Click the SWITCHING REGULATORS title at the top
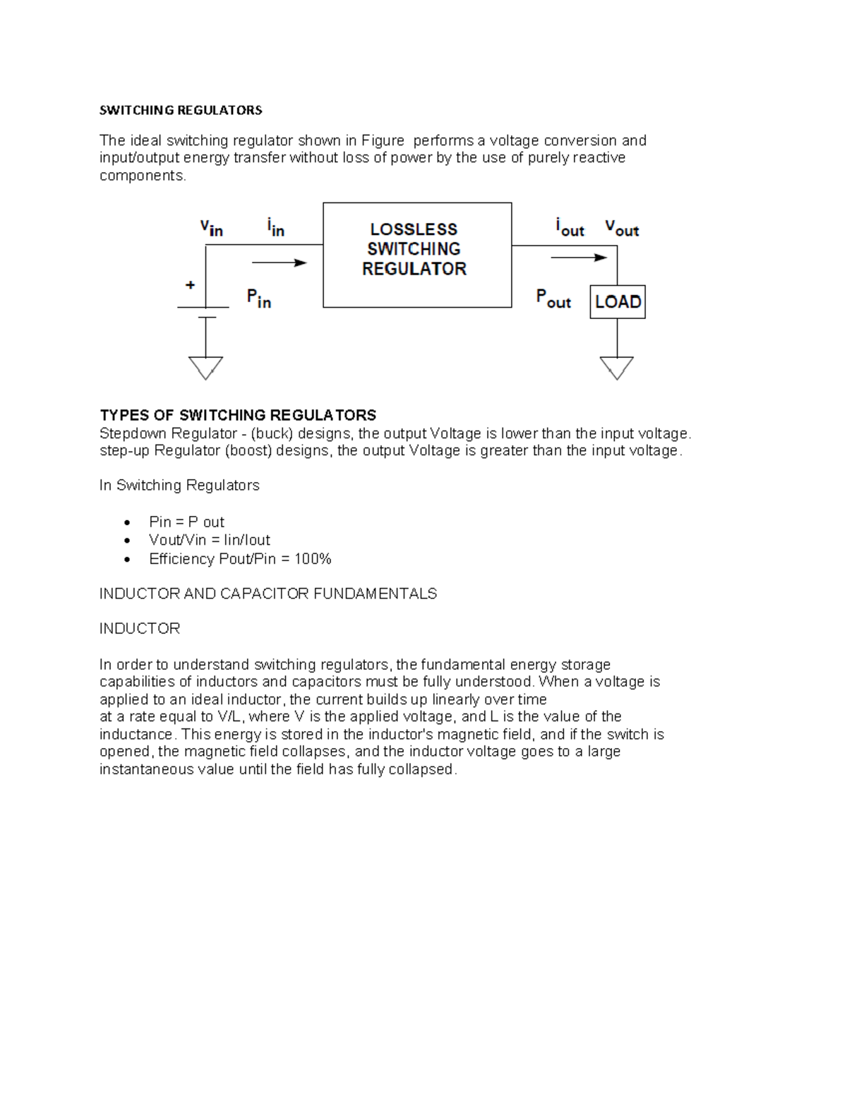181,110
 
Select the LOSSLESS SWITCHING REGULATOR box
416,255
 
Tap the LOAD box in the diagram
618,302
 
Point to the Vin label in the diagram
211,228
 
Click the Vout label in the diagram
621,228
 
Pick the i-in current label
275,227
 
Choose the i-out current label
570,228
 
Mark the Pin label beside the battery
258,299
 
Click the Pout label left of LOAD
553,299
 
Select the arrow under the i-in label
280,263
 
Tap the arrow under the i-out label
579,258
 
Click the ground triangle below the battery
205,368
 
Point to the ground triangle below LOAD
617,368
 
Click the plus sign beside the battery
190,285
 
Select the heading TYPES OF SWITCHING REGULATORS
238,415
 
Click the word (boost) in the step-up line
248,451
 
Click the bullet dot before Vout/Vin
127,541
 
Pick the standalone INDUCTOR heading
140,629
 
